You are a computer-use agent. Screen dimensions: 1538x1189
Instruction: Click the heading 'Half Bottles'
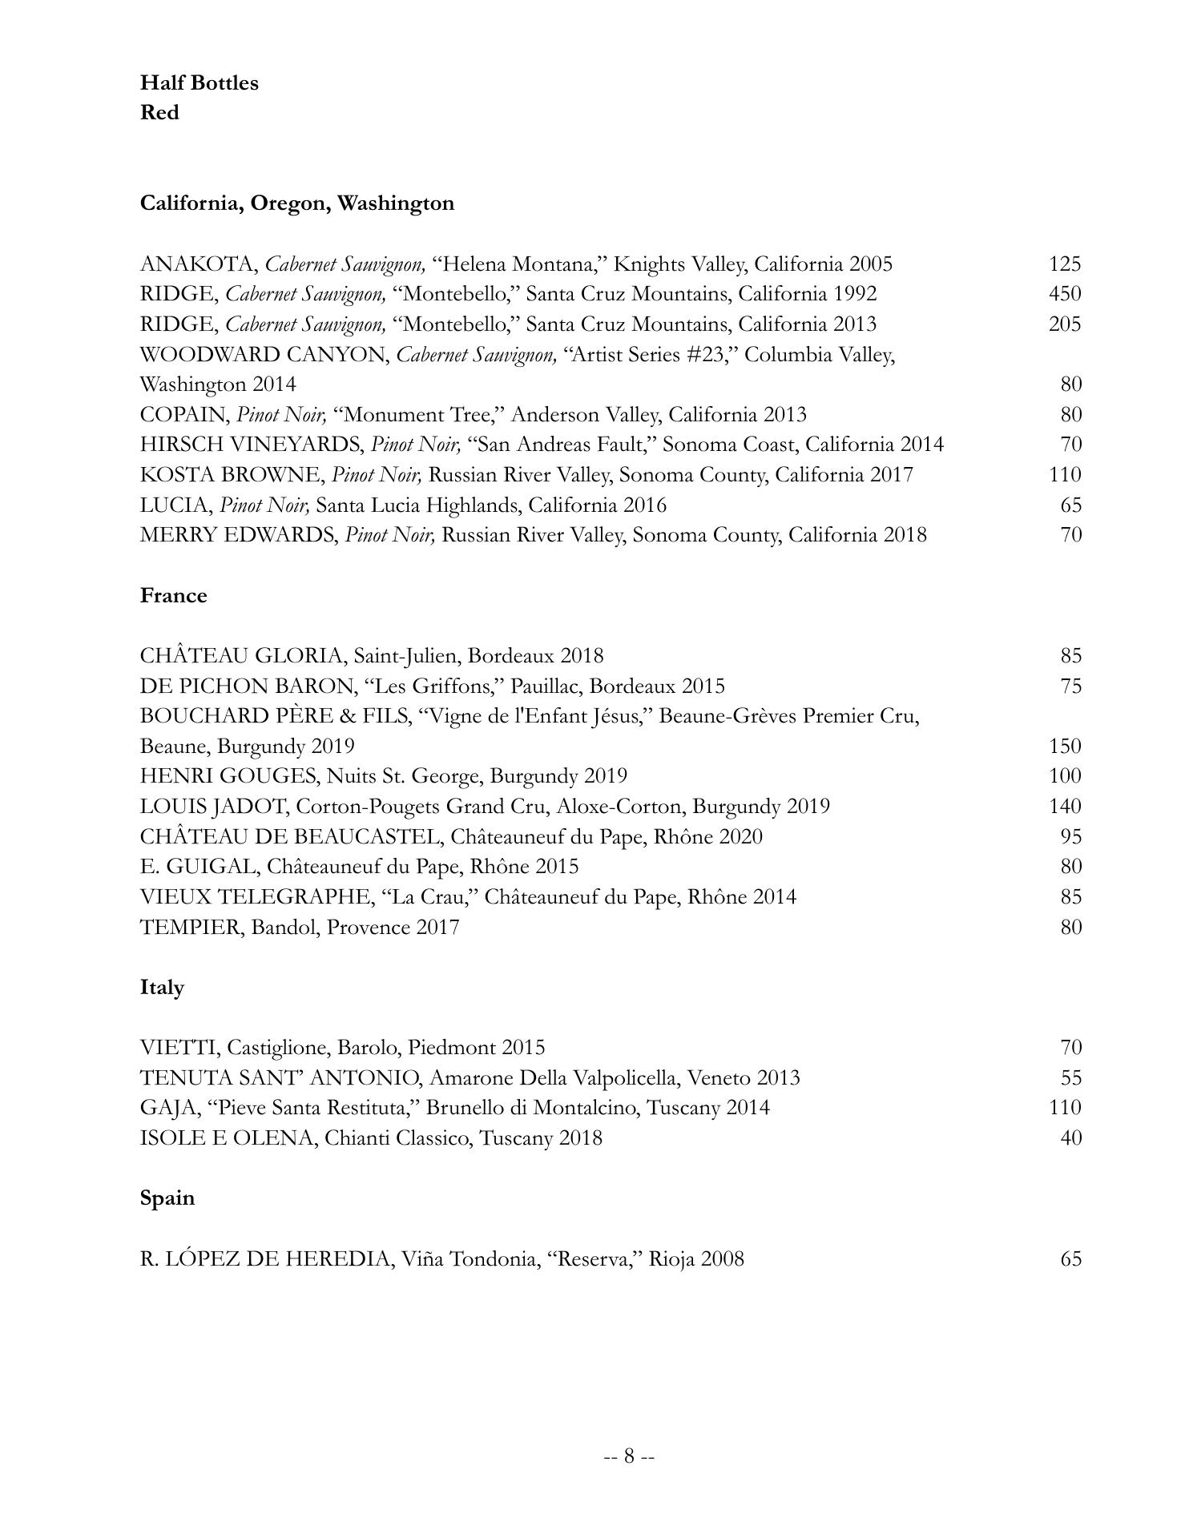(199, 83)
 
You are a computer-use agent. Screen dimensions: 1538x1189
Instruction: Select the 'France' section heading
(173, 595)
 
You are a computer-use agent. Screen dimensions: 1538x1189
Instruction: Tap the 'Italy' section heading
(162, 987)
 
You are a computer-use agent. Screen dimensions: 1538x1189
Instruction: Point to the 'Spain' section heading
(167, 1198)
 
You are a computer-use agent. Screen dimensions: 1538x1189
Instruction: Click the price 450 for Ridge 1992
(1065, 294)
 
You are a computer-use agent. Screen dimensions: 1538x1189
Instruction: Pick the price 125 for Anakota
(1065, 264)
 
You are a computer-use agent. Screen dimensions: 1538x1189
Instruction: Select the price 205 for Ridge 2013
(1065, 324)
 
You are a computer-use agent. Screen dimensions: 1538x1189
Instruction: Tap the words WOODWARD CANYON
(263, 355)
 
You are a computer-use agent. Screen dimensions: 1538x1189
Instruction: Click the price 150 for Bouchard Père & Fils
(1065, 747)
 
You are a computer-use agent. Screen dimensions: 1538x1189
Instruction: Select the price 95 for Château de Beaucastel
(1071, 837)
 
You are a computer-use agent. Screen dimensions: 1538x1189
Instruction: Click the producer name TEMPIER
(190, 928)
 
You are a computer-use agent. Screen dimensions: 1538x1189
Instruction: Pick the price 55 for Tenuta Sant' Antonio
(1071, 1078)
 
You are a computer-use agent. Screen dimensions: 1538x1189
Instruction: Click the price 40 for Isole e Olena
(1071, 1138)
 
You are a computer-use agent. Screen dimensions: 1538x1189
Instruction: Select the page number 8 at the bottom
(629, 1455)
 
